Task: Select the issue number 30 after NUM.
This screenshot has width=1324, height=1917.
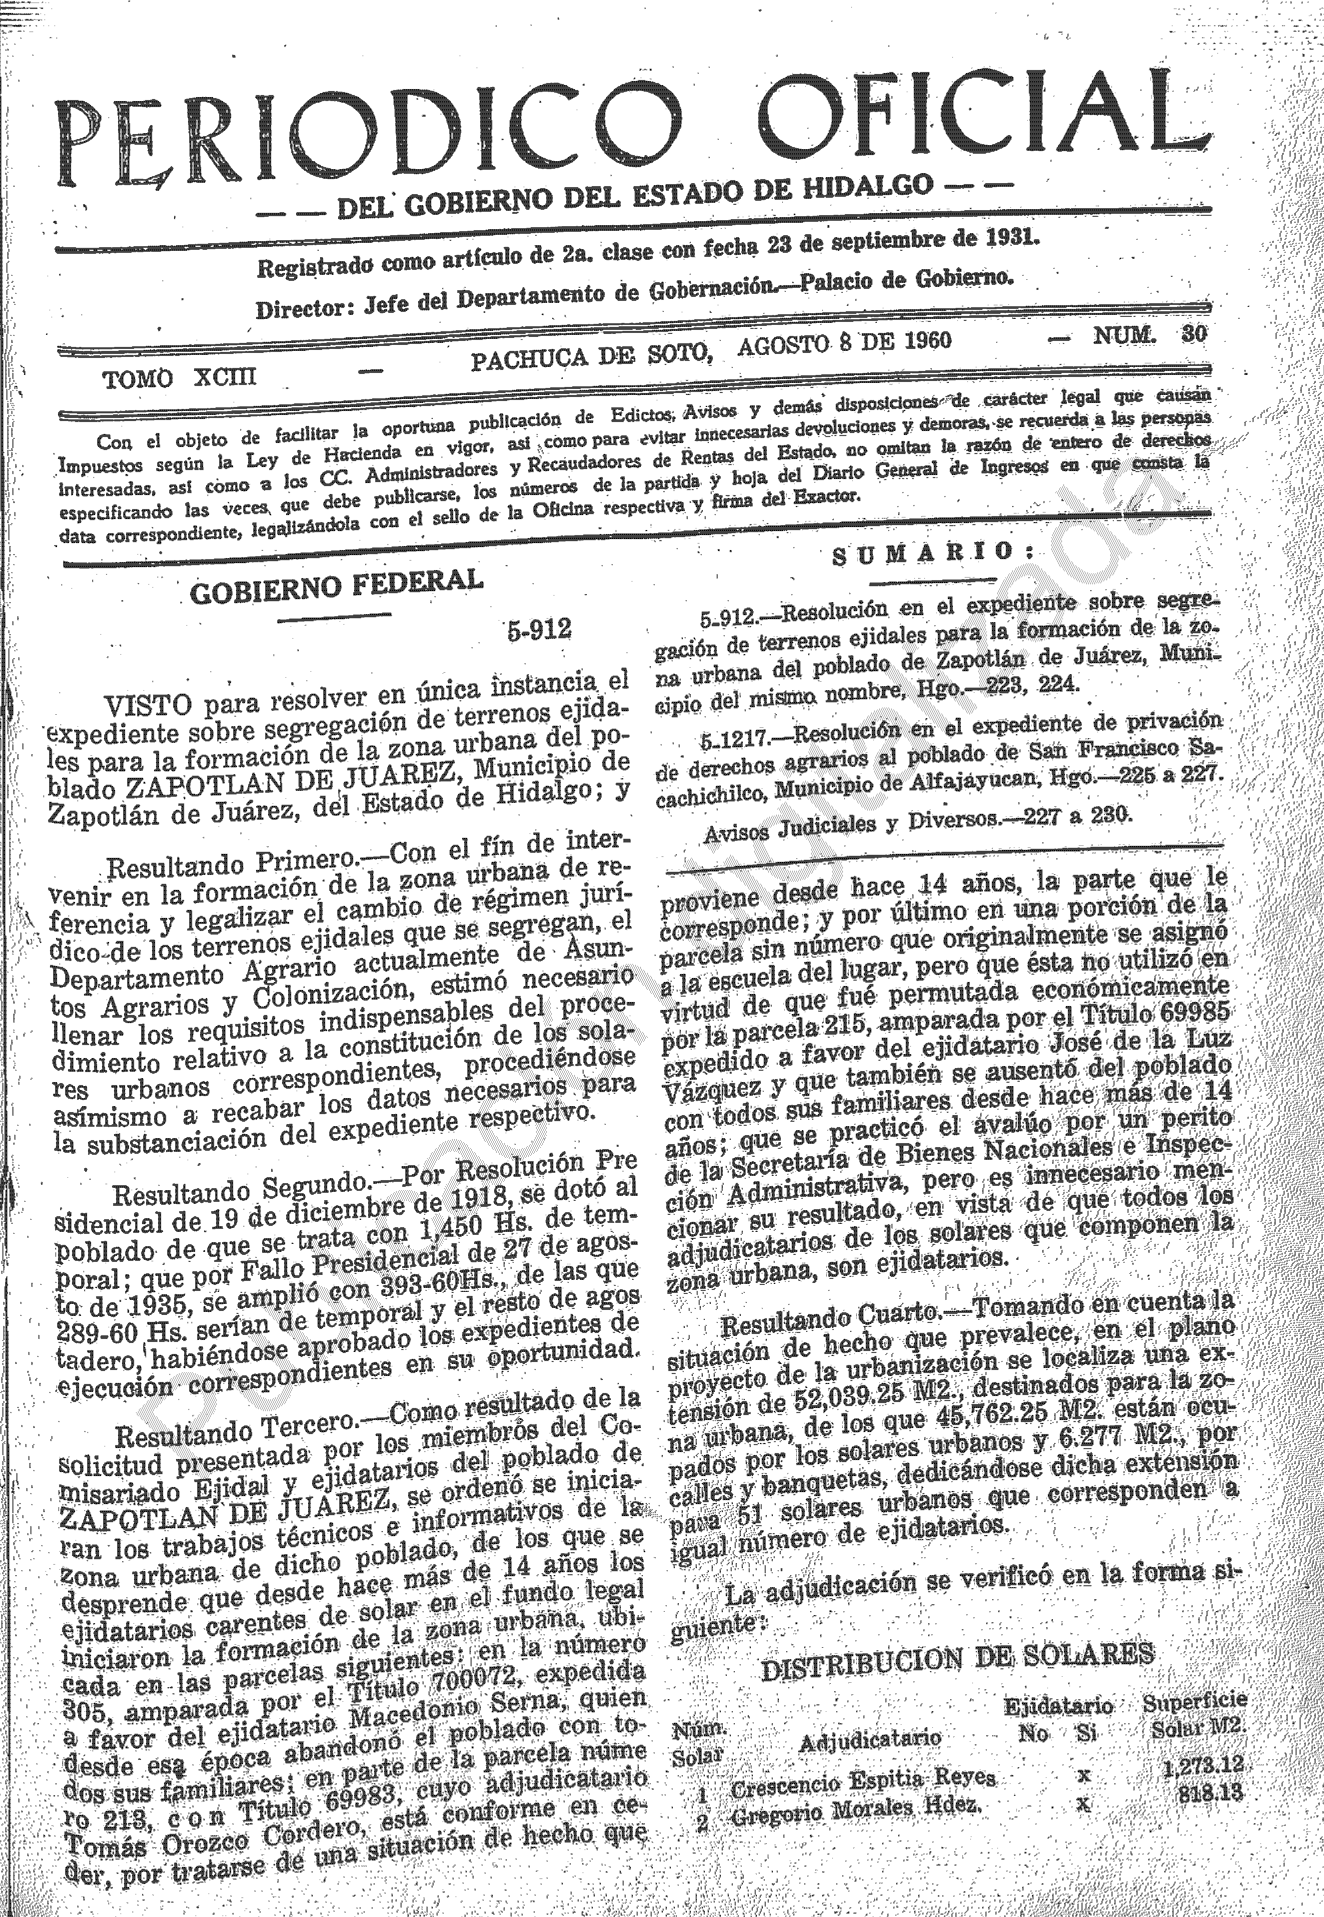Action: (1194, 334)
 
